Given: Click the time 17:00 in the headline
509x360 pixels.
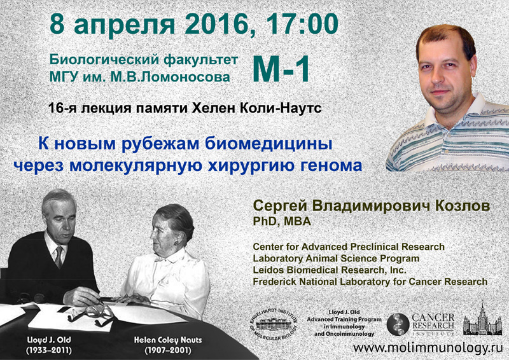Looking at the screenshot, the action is coord(302,24).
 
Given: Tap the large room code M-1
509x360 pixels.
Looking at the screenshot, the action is coord(281,69).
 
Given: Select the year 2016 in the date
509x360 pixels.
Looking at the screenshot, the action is coord(217,24).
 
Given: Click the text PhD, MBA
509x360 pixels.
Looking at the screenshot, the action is coord(282,221).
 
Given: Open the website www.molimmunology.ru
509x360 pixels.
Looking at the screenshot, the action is coord(428,348).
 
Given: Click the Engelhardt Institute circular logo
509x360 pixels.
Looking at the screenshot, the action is coord(274,324).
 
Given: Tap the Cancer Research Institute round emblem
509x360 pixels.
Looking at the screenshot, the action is coord(398,324).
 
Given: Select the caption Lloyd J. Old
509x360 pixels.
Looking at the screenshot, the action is coord(50,340).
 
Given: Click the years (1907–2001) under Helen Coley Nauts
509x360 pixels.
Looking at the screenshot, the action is coord(168,350).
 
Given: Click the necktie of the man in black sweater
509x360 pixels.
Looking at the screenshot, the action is coord(59,256).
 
